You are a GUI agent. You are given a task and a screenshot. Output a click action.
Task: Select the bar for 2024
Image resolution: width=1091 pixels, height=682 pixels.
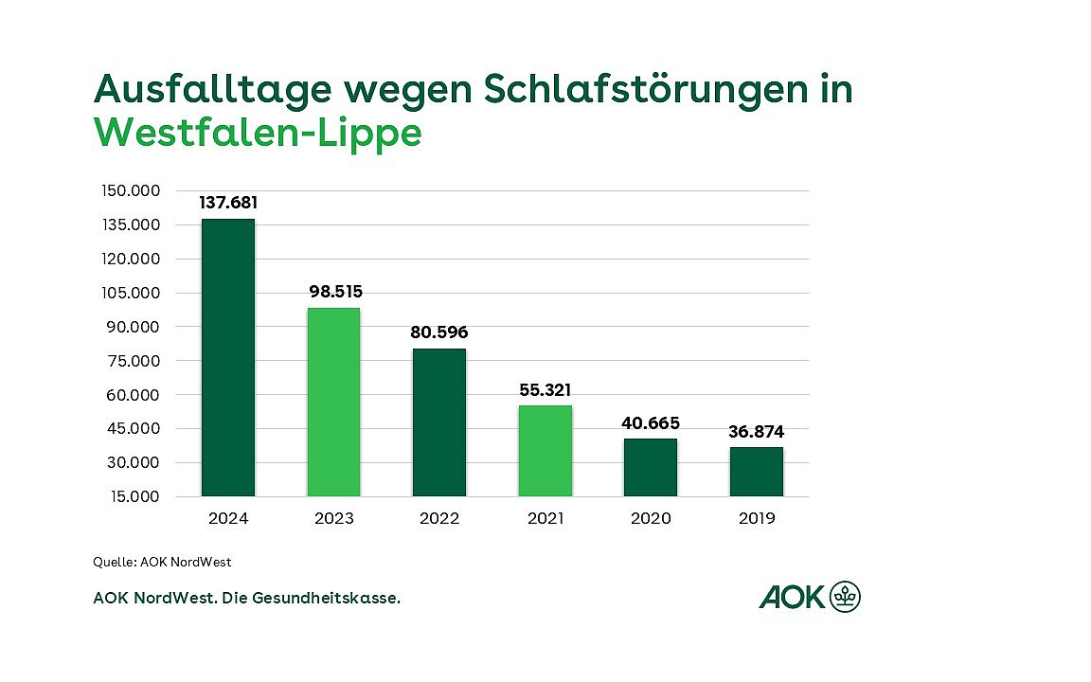click(x=228, y=357)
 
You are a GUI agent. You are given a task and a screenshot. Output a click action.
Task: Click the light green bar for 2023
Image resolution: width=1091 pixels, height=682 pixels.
click(x=333, y=402)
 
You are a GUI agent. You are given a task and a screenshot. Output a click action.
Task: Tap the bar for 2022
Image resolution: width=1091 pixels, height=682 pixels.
click(x=439, y=422)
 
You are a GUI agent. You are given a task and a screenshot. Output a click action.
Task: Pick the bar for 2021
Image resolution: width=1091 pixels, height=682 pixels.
click(x=545, y=451)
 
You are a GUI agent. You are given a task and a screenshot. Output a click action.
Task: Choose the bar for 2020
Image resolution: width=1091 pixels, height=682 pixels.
click(x=651, y=467)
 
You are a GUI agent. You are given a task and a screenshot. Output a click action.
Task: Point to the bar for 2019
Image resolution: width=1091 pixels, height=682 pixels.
click(x=756, y=472)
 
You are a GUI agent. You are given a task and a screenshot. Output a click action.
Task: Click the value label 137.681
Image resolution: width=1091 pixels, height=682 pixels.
click(x=228, y=203)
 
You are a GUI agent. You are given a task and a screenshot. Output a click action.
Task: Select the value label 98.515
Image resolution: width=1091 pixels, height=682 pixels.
click(x=335, y=291)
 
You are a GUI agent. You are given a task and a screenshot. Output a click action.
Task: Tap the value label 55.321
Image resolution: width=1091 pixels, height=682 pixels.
click(x=545, y=389)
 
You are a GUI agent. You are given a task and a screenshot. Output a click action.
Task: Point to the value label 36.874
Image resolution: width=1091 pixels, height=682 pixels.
click(x=757, y=431)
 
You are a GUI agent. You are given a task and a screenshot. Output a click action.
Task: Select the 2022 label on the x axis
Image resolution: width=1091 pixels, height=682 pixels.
click(x=439, y=518)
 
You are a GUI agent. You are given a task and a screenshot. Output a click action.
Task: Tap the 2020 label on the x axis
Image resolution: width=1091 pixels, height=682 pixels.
click(x=651, y=518)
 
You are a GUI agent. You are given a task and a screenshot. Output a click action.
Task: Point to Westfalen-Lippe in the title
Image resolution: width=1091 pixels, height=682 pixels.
click(x=258, y=133)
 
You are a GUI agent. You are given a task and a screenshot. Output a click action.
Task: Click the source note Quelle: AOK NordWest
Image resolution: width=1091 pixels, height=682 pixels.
click(x=162, y=562)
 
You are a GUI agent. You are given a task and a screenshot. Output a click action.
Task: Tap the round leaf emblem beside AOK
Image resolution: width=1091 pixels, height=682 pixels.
click(x=845, y=597)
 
